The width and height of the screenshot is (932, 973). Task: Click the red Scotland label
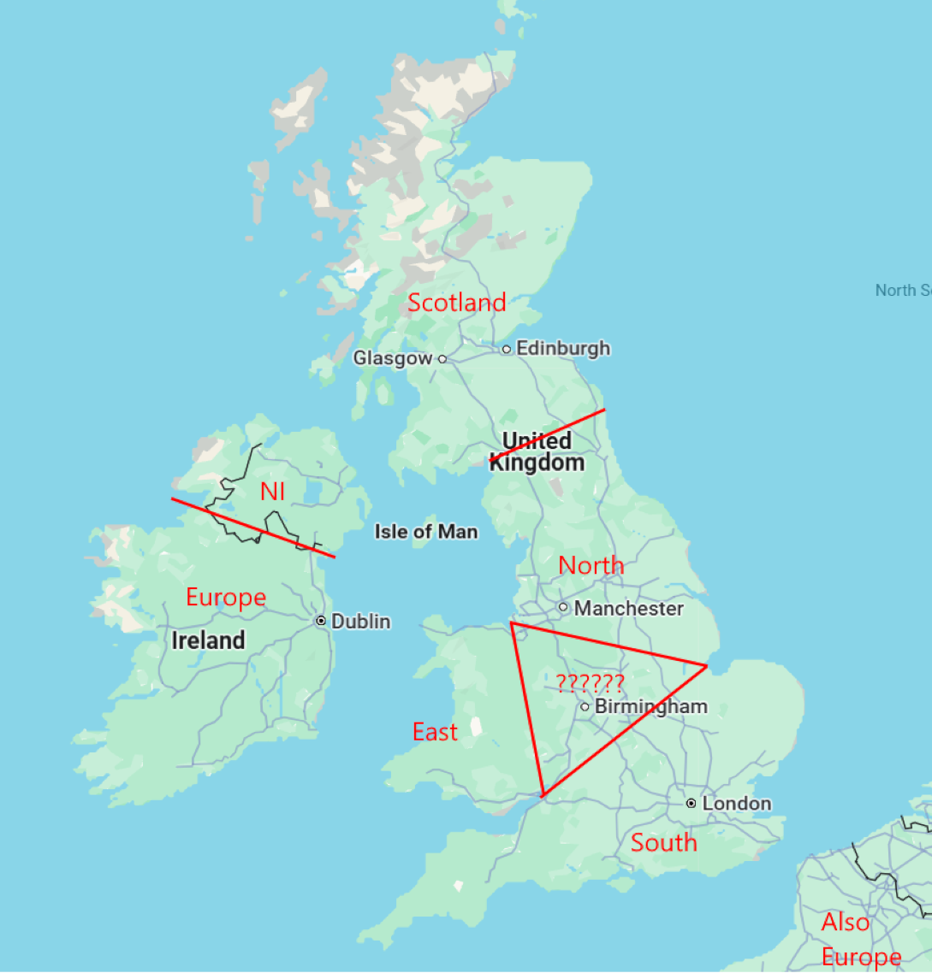click(456, 303)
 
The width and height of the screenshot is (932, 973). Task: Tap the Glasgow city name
click(393, 358)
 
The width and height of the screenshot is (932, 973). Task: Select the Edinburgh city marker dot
click(507, 349)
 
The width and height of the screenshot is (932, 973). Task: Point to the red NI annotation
click(272, 492)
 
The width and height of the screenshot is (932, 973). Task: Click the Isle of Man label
click(425, 532)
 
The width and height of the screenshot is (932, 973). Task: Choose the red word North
click(591, 565)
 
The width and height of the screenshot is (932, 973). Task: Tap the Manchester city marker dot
click(563, 608)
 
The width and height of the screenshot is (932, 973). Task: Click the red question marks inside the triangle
click(590, 682)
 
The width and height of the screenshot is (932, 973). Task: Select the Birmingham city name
click(650, 706)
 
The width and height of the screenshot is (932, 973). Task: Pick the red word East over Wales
click(435, 732)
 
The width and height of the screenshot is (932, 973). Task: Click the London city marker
click(691, 804)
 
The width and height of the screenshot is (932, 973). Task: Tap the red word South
click(663, 843)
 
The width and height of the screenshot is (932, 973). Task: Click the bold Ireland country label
click(208, 640)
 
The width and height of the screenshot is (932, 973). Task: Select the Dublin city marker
click(321, 622)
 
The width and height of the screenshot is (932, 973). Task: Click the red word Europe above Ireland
click(226, 597)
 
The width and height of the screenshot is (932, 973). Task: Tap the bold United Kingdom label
click(537, 451)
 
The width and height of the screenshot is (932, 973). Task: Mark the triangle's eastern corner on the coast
click(706, 665)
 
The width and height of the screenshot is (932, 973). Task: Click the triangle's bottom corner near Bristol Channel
click(543, 795)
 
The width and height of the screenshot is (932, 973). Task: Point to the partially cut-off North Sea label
click(902, 291)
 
